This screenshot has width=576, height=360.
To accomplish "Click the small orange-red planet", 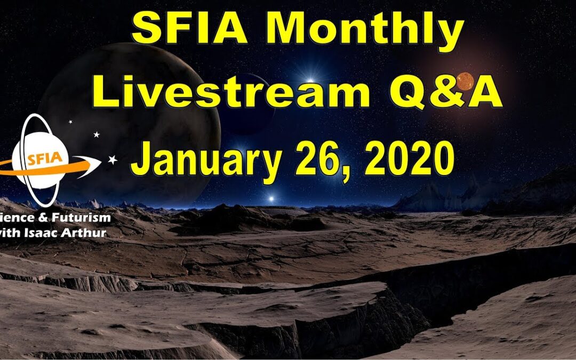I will pyautogui.click(x=465, y=81).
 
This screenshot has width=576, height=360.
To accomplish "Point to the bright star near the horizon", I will pyautogui.click(x=271, y=198).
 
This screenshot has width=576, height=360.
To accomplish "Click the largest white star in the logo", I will pyautogui.click(x=113, y=159).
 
